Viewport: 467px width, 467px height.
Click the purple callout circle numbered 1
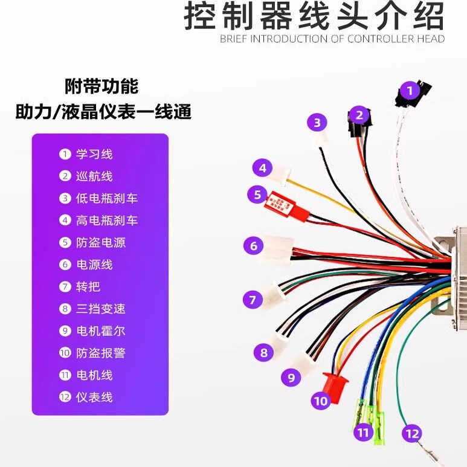(x=410, y=91)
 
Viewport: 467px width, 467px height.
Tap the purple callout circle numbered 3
(x=317, y=123)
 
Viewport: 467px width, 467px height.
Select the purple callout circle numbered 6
(x=254, y=246)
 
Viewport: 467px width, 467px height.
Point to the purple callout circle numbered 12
(x=412, y=433)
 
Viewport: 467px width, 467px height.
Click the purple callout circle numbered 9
(x=291, y=378)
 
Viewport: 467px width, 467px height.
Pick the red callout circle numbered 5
(x=257, y=195)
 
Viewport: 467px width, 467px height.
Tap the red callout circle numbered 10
(x=320, y=400)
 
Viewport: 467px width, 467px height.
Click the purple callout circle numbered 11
(x=363, y=433)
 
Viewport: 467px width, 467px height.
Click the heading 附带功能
(x=101, y=86)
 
